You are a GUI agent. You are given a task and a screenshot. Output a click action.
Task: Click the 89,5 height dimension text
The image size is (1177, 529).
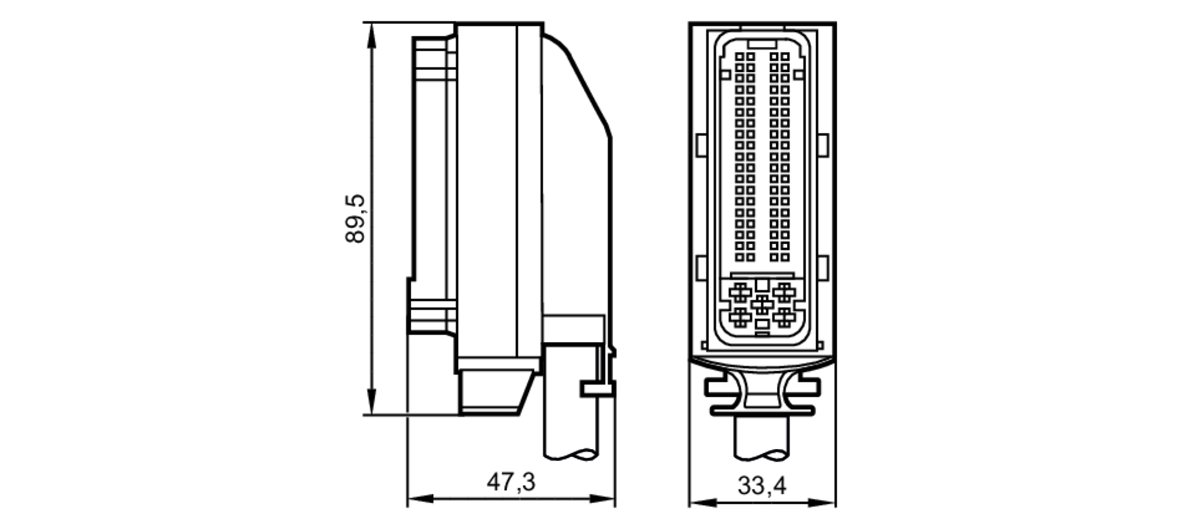click(355, 218)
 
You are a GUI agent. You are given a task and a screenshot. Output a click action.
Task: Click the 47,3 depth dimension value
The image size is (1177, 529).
click(510, 482)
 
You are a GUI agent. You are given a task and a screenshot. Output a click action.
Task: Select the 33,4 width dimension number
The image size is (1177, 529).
click(762, 486)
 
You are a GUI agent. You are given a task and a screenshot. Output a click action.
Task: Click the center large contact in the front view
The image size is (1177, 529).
click(762, 304)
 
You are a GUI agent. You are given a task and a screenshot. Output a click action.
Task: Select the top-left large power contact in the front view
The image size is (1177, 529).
click(740, 291)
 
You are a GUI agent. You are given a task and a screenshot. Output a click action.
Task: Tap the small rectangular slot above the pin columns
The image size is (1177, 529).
click(762, 44)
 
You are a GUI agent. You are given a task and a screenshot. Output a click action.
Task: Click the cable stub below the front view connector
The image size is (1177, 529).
click(762, 438)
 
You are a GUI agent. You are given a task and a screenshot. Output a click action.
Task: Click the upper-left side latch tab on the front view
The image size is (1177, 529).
click(701, 145)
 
